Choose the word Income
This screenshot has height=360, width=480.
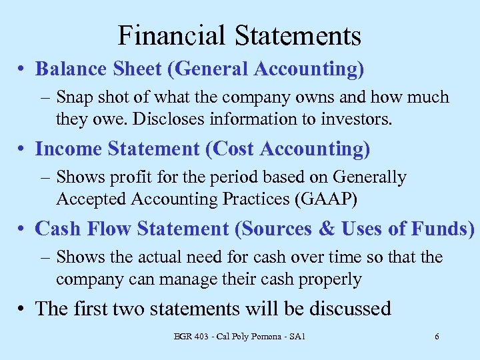67,149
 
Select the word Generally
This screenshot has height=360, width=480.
370,177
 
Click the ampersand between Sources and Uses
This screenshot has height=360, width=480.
328,229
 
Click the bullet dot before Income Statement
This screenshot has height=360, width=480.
23,150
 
